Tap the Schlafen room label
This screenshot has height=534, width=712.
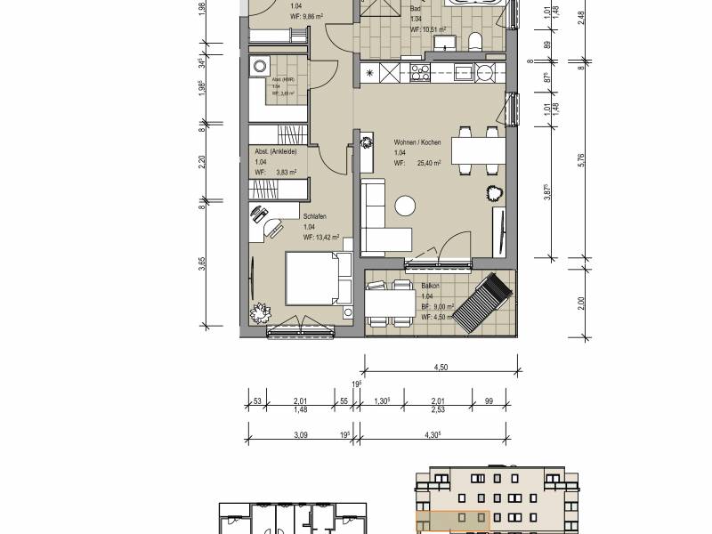pos(312,216)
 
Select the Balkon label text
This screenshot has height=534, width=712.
pos(430,287)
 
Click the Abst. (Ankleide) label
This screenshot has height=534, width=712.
pos(275,151)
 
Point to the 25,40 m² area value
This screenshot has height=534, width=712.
pos(430,163)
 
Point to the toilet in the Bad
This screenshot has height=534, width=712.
pos(475,41)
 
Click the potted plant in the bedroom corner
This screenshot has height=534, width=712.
pos(260,314)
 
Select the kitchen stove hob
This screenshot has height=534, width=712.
pos(420,71)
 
